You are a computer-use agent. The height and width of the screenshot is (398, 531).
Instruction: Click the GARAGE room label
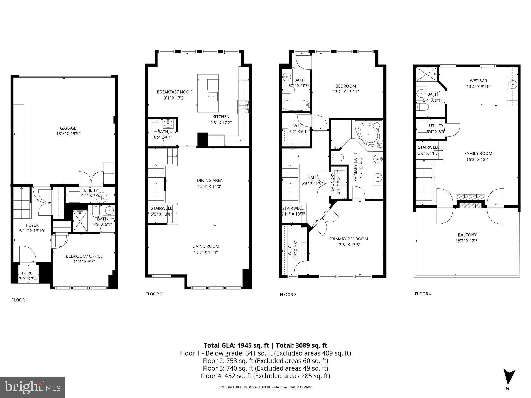68,128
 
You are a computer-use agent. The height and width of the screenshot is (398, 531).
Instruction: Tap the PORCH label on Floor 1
29,273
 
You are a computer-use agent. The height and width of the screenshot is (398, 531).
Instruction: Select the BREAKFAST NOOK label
174,92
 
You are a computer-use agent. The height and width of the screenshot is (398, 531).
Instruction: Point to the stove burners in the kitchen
243,107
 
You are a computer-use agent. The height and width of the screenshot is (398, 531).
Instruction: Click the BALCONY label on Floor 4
467,235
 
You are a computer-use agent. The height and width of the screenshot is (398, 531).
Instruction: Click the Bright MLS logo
32,387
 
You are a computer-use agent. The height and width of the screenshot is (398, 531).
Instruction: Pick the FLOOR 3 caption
288,295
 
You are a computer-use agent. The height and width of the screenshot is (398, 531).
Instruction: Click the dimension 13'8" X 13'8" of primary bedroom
348,245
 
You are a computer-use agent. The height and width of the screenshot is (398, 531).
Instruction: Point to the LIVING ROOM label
206,246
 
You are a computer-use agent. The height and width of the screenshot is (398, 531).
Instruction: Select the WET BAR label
478,81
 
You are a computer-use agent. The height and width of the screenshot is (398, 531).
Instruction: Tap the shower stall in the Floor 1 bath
80,221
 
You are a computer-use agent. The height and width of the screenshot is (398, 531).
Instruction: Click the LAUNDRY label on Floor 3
332,182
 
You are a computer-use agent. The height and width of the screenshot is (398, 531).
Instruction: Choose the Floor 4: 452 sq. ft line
265,376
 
